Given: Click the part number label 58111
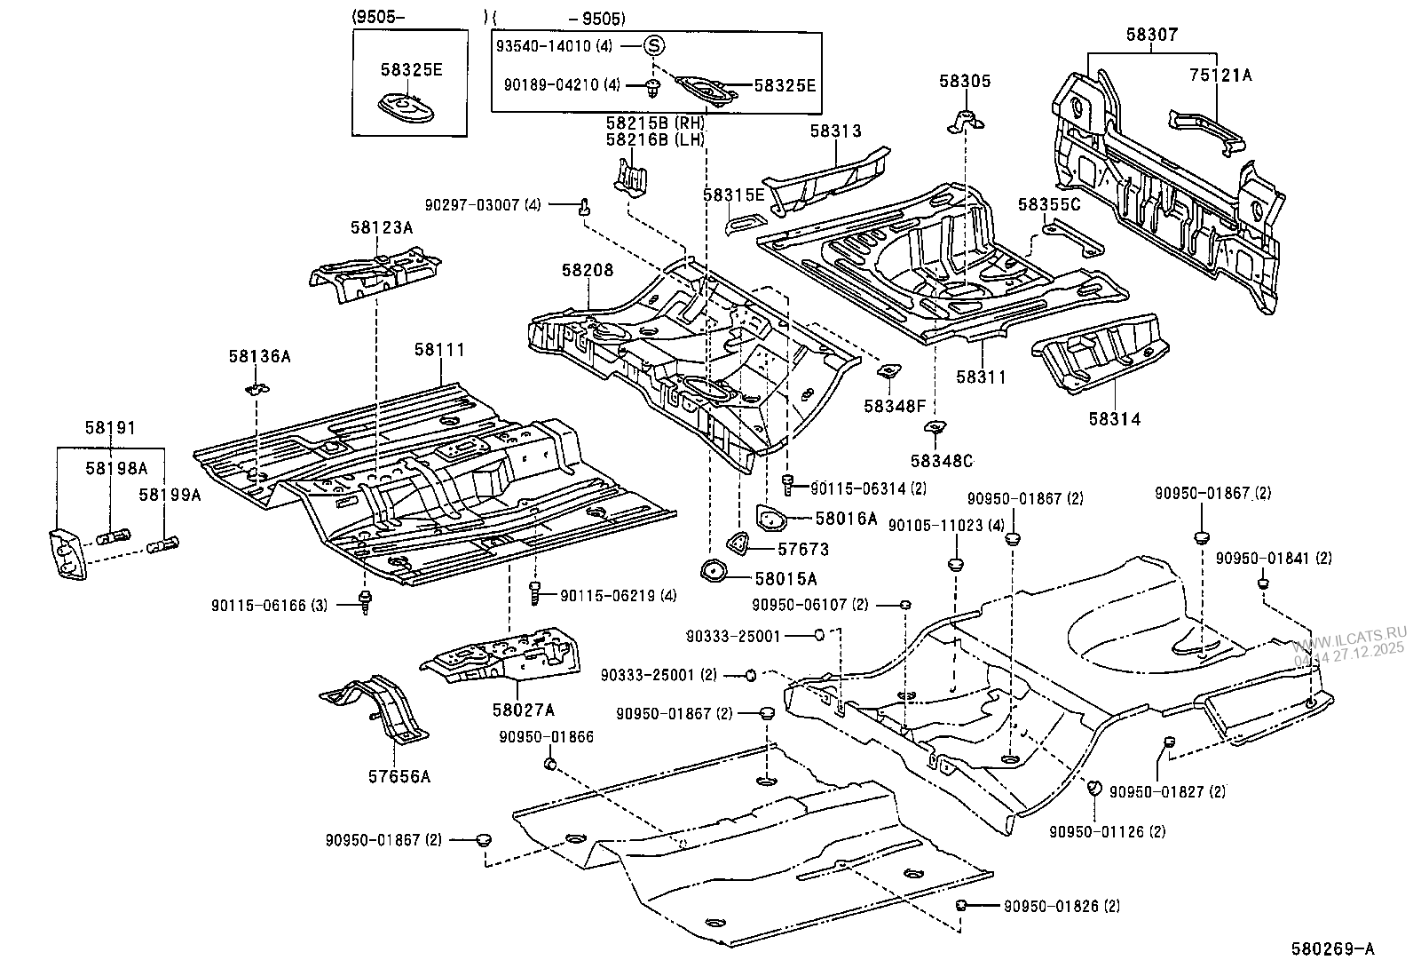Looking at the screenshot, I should point(438,351).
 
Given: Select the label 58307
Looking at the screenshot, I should point(1151,35).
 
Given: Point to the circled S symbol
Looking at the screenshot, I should point(653,45).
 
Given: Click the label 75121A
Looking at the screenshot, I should point(1220,75).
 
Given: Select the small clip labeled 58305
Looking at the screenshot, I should point(964,122).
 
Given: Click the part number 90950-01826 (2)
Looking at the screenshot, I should point(1062,907).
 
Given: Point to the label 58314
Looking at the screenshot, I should point(1116,418).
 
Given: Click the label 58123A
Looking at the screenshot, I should point(381,227).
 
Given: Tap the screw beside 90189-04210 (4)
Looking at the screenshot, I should point(654,86).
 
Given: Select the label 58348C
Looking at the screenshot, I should point(941,461).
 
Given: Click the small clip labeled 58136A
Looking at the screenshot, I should point(256,388).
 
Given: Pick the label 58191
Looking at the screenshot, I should point(110,428).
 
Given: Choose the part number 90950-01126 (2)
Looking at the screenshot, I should point(1107,831).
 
